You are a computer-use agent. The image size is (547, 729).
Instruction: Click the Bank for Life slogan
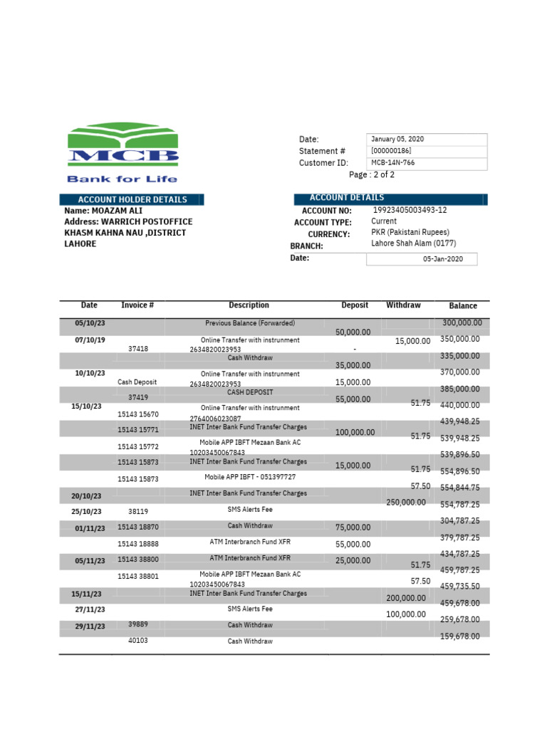122,179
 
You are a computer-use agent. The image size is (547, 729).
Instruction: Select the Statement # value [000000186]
391,151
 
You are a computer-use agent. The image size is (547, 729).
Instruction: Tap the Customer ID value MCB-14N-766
392,163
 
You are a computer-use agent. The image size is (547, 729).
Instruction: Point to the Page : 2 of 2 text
371,175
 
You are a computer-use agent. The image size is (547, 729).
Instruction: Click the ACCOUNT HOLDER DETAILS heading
132,200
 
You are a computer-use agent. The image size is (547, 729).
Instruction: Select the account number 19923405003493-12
410,211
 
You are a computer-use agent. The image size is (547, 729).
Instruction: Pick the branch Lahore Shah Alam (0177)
414,243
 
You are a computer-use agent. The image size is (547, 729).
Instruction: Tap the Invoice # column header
138,305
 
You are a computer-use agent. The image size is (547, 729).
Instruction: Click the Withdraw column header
403,305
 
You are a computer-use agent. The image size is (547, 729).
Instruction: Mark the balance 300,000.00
462,323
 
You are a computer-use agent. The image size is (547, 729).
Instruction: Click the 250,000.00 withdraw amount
406,503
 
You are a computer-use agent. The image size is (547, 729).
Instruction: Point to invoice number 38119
138,511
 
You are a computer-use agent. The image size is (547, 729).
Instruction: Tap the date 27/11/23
90,610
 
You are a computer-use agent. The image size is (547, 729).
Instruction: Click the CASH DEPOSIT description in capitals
250,392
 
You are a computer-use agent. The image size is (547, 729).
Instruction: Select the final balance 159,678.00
460,636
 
